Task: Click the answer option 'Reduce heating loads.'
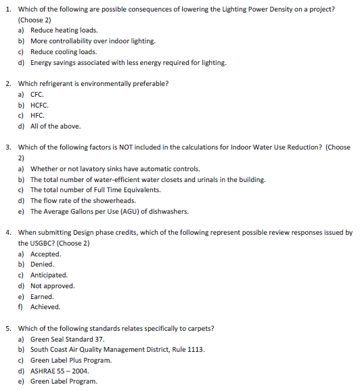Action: [64, 30]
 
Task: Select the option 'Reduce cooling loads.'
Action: [64, 52]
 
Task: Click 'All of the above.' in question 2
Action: [55, 127]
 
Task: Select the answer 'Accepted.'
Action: [46, 254]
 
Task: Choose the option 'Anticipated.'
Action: [49, 275]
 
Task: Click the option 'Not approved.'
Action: [52, 285]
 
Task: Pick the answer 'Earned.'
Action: [42, 296]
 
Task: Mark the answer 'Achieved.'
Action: [45, 307]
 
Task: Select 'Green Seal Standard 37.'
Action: [67, 339]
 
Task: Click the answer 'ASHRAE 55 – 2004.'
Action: [60, 371]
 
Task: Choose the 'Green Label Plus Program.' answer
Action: [71, 360]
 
